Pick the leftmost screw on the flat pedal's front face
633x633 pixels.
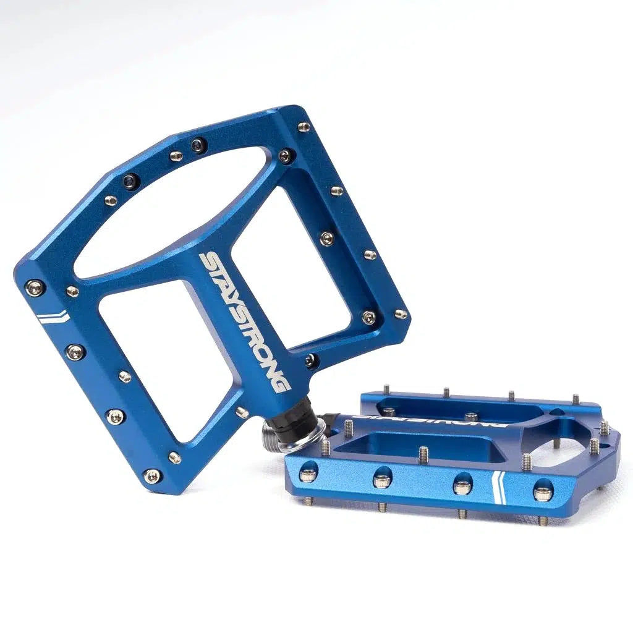click(x=307, y=475)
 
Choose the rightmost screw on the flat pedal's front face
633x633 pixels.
click(x=543, y=491)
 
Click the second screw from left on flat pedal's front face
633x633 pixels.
click(x=382, y=480)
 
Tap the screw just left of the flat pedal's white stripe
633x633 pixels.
click(x=463, y=485)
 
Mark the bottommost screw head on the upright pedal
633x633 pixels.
click(x=152, y=475)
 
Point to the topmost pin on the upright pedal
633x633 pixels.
click(x=304, y=127)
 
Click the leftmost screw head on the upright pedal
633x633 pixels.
click(x=34, y=287)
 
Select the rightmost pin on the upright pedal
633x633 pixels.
click(x=401, y=313)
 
